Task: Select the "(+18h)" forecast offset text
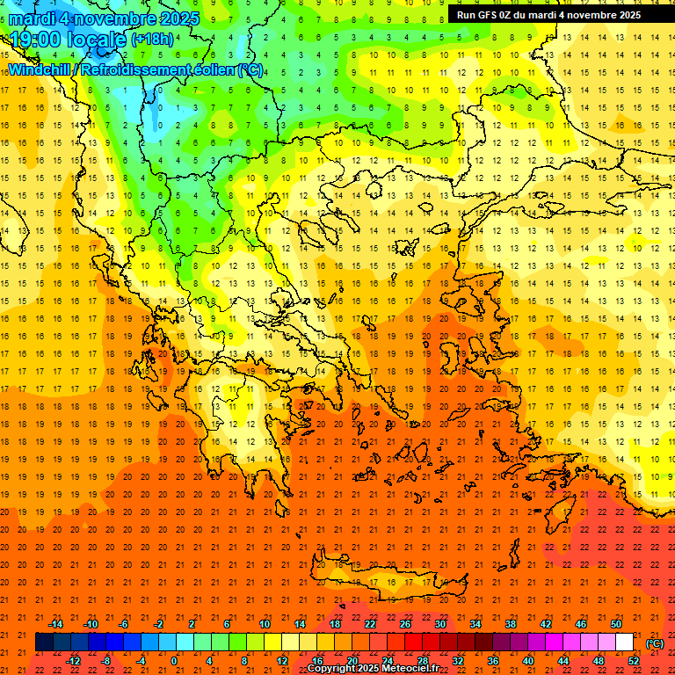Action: coord(152,40)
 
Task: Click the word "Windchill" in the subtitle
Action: coord(39,69)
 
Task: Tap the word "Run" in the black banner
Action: coord(466,15)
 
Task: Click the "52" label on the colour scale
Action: coord(633,661)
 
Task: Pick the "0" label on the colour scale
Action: coord(173,661)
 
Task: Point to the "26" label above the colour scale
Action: coord(405,624)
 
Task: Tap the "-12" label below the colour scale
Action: coord(74,661)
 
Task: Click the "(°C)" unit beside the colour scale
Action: coord(655,643)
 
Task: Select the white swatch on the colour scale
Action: coord(624,642)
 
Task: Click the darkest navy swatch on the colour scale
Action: coord(45,642)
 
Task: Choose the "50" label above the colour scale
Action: coord(615,624)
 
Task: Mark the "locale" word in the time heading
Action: coord(91,40)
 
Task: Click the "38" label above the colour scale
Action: coord(511,624)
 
